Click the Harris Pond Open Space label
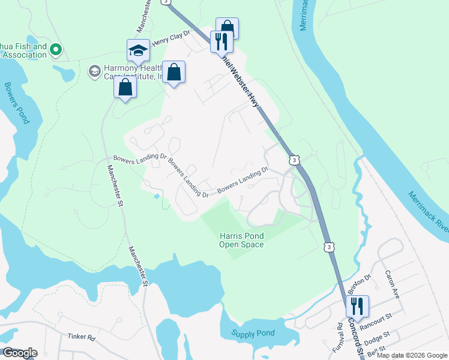[241, 239]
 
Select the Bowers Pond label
[17, 103]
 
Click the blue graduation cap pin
[138, 50]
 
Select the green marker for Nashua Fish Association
[56, 49]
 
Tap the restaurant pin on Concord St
[357, 306]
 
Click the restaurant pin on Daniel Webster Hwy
[221, 41]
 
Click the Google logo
[20, 353]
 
